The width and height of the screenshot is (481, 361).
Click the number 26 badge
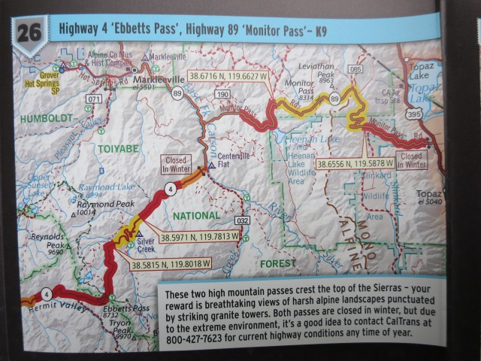coord(28,32)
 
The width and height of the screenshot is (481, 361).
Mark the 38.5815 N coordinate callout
coord(171,265)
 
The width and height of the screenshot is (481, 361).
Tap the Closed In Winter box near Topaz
coord(413,159)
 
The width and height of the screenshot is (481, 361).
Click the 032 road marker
coord(241,220)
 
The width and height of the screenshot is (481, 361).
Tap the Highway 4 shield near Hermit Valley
coord(47,293)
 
